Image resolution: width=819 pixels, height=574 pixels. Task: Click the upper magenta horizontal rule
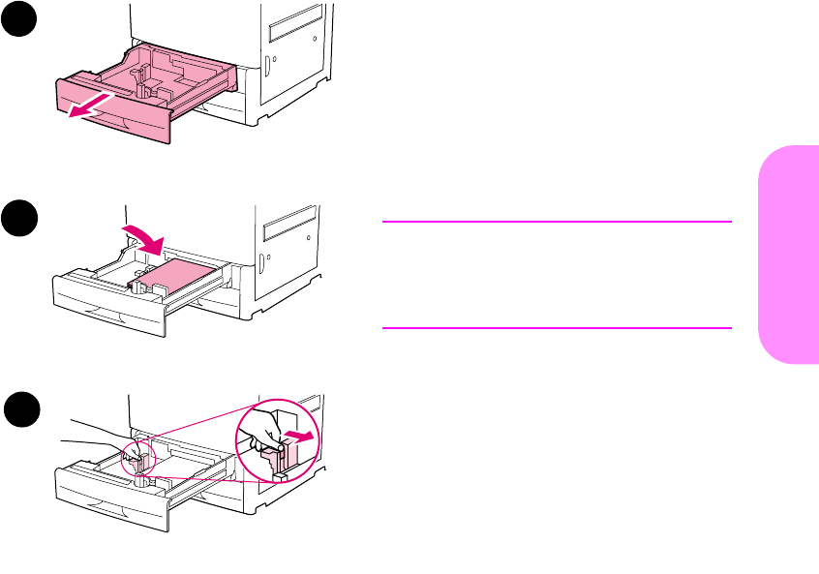click(x=557, y=222)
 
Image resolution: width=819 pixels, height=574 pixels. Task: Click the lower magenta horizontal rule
click(x=557, y=328)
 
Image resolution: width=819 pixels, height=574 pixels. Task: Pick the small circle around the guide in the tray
click(x=139, y=455)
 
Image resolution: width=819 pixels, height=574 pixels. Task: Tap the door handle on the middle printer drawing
click(x=261, y=259)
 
